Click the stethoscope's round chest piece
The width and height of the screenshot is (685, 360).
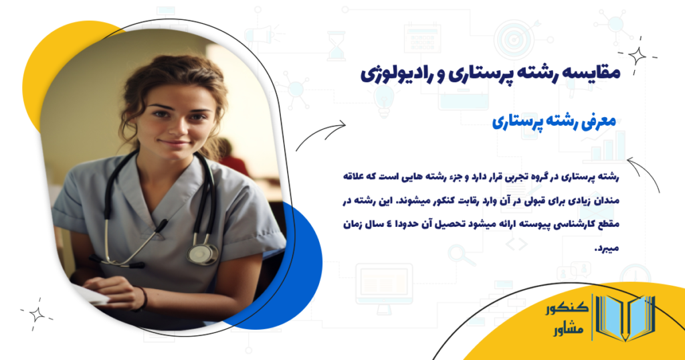pos(201,254)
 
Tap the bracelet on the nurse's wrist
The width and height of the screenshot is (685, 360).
pos(142,298)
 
